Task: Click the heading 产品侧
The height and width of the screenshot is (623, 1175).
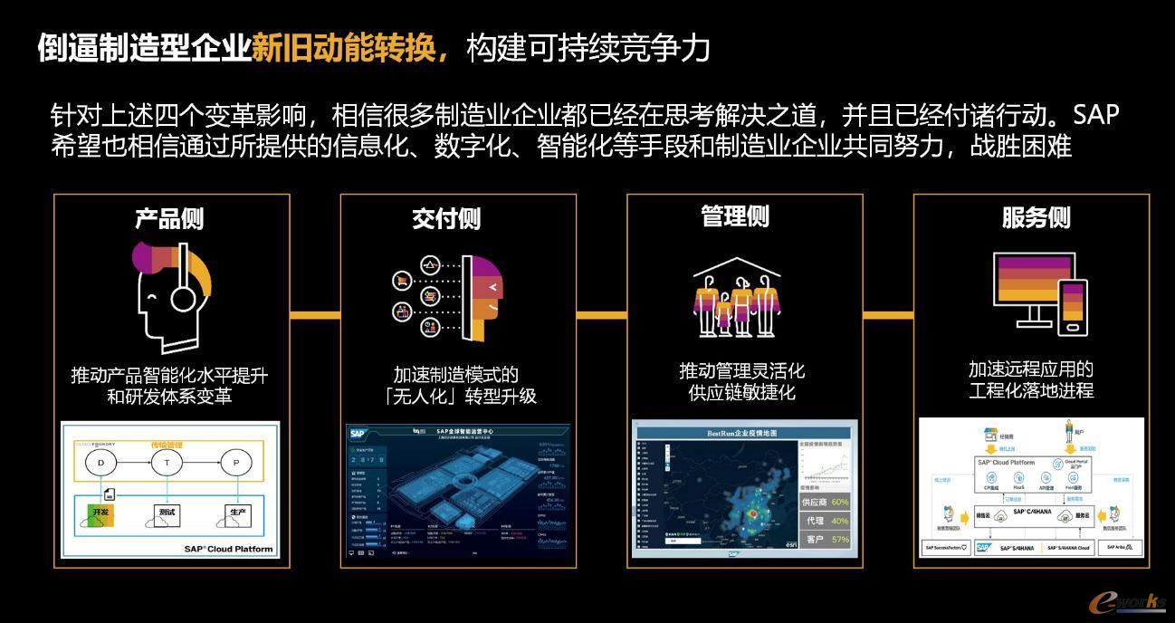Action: click(x=169, y=218)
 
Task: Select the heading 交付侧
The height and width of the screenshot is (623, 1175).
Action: click(x=446, y=218)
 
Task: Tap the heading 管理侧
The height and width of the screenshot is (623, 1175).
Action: click(x=735, y=216)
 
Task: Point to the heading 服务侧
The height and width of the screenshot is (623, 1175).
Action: click(x=1036, y=217)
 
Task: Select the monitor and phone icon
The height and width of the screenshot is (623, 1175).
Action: click(x=1039, y=289)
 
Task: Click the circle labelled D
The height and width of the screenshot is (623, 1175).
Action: click(x=100, y=463)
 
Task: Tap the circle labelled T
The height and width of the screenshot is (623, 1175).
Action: click(x=167, y=463)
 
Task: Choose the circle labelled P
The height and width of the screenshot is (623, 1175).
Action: click(x=236, y=463)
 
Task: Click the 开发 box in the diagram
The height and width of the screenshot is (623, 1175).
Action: click(x=99, y=513)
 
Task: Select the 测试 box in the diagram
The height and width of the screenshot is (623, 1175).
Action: click(x=167, y=513)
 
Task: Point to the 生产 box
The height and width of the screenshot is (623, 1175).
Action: click(x=237, y=513)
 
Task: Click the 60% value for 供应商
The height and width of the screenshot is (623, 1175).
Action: click(x=839, y=502)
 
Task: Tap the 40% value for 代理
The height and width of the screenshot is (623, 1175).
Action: click(x=839, y=521)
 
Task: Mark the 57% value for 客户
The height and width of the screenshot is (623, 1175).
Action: click(x=839, y=540)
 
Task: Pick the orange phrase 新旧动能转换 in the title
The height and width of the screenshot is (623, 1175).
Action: click(x=349, y=48)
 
